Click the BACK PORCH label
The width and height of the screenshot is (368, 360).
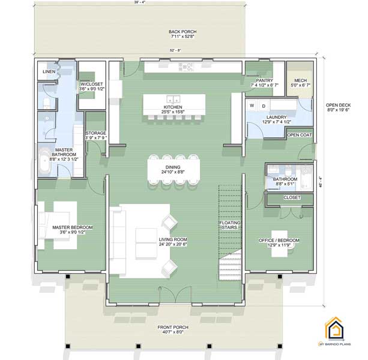[x=183, y=32]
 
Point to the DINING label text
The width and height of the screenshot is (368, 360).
[x=173, y=168]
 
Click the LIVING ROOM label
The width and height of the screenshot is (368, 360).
[x=173, y=240]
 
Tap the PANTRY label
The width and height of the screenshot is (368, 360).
[x=265, y=80]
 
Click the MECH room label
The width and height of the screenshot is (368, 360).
[x=299, y=80]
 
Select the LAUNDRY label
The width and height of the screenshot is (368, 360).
[x=276, y=118]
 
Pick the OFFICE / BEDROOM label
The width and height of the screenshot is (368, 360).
[x=279, y=240]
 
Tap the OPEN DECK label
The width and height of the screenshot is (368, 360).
[x=340, y=104]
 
